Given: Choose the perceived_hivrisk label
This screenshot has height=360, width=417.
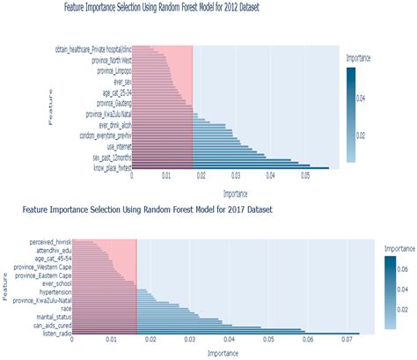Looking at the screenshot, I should [48, 240].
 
